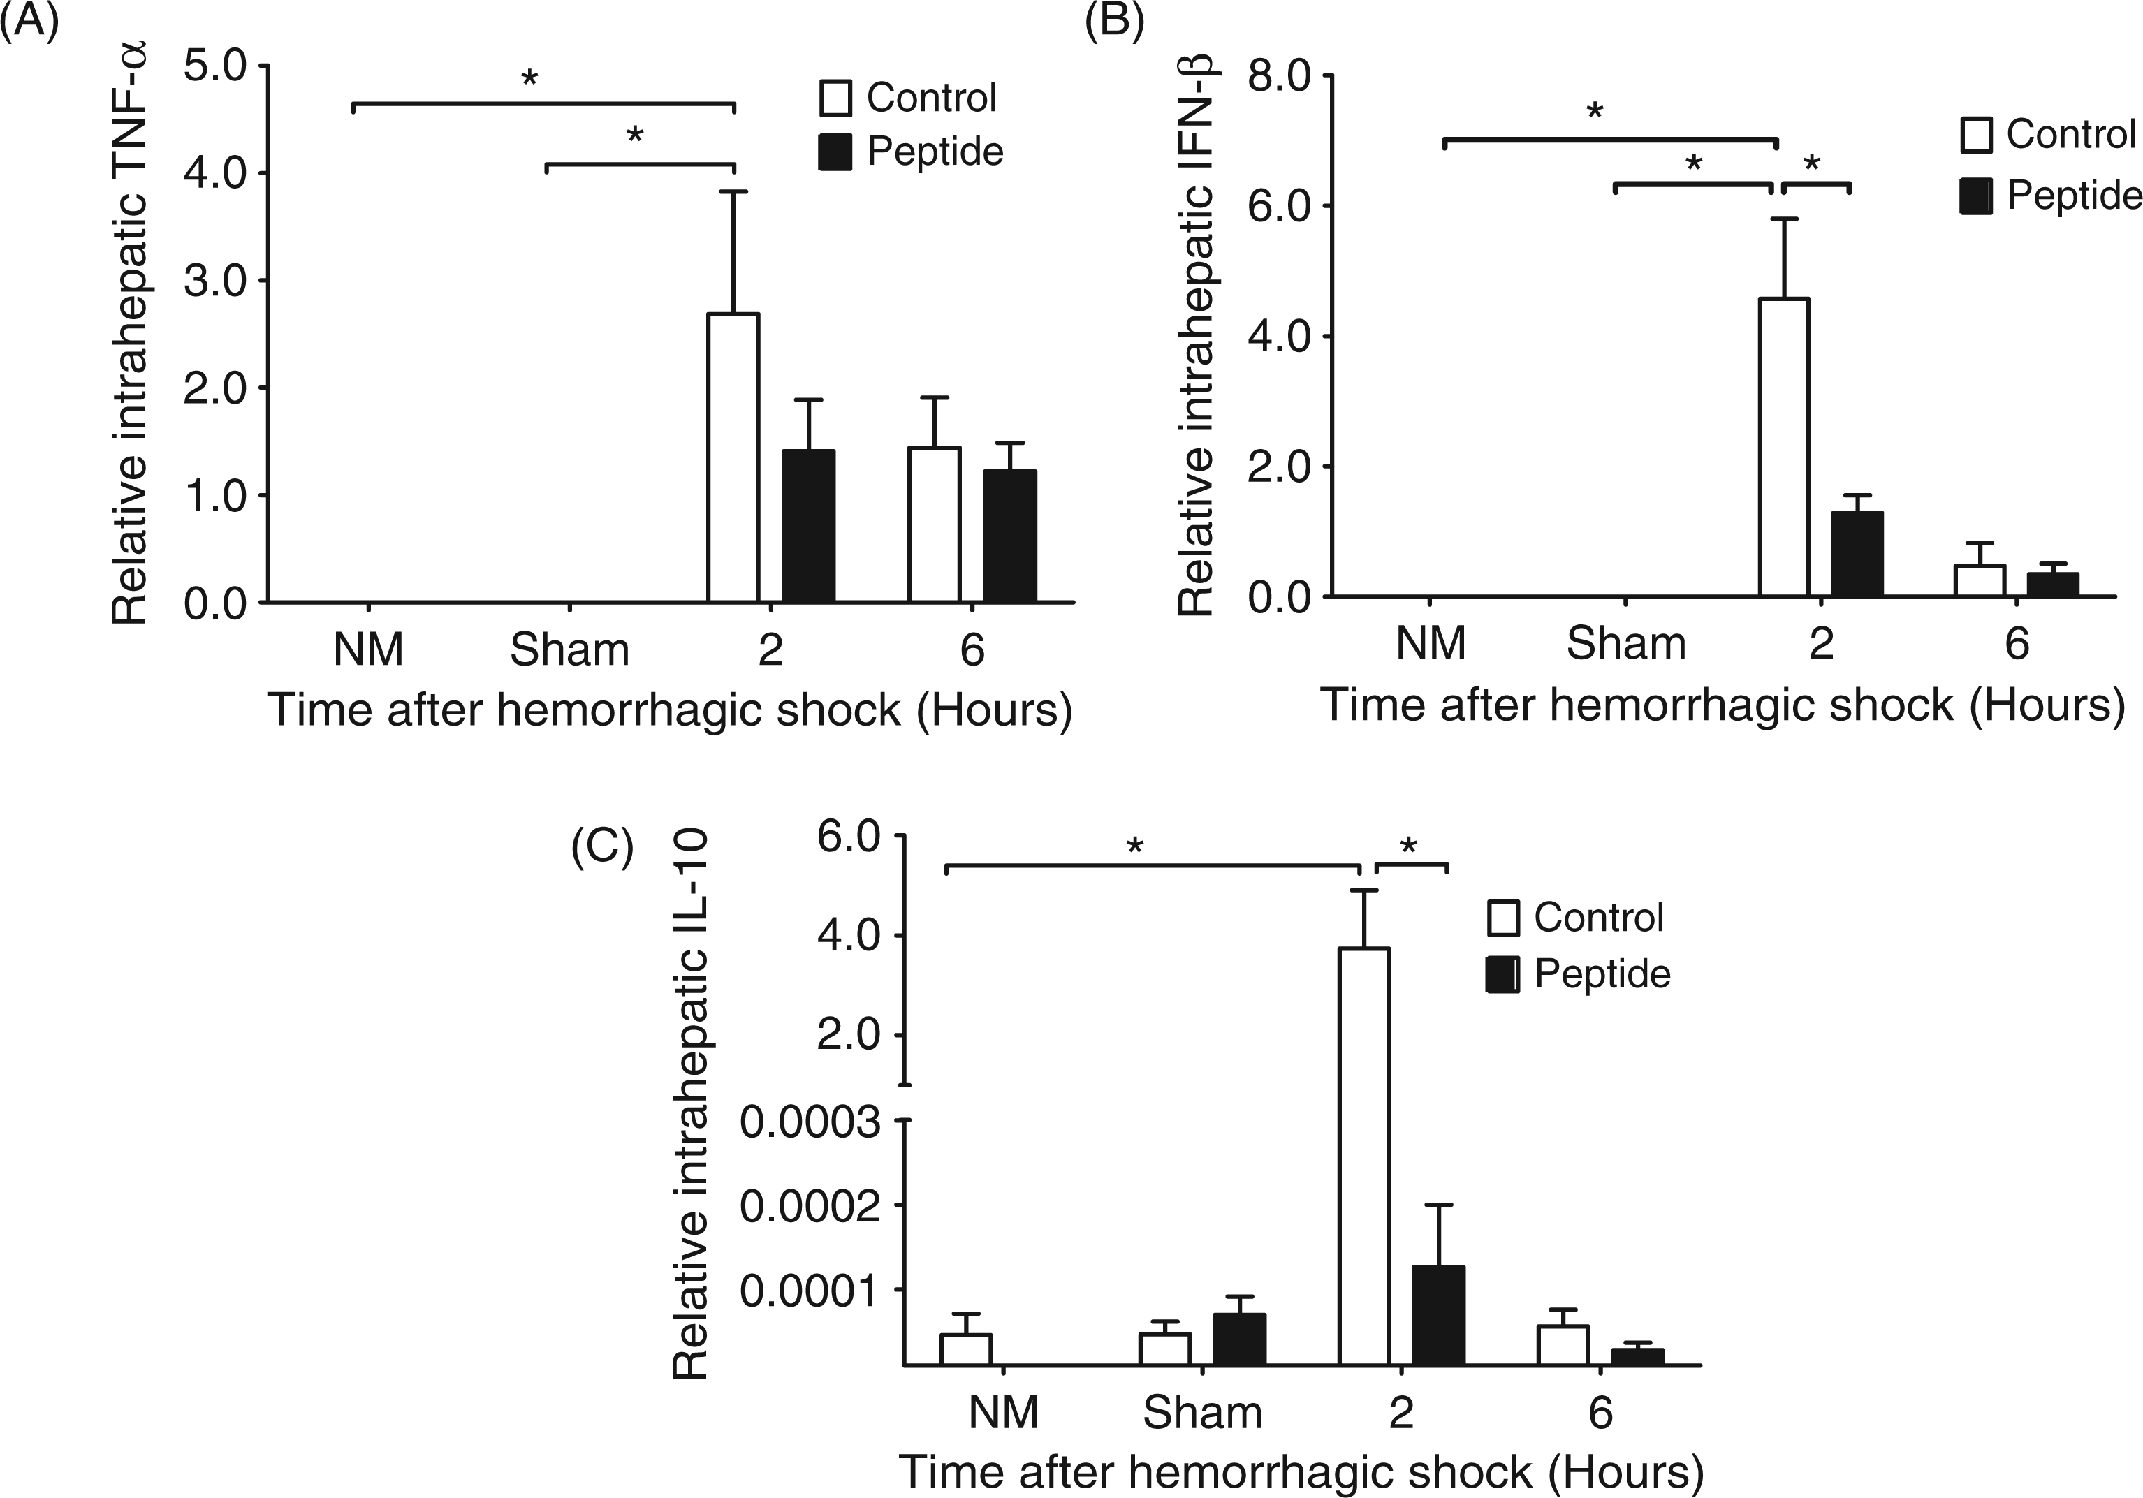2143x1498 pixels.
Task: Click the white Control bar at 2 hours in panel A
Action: [x=733, y=457]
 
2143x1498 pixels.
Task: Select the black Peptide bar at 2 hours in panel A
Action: [x=808, y=525]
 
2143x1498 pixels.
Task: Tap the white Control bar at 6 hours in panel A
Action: [x=935, y=524]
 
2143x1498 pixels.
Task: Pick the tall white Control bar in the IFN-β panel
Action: [x=1785, y=447]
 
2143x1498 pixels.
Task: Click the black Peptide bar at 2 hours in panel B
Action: [x=1857, y=554]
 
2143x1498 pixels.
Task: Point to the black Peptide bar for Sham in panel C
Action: [x=1240, y=1339]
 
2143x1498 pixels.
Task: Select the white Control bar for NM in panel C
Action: [x=966, y=1350]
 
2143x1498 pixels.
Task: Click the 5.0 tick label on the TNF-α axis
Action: [x=214, y=67]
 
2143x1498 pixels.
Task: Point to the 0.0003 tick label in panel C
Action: [x=810, y=1123]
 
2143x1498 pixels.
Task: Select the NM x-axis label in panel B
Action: [x=1431, y=644]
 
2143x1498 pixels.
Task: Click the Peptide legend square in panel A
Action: [x=835, y=152]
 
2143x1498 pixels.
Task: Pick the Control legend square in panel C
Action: [x=1502, y=918]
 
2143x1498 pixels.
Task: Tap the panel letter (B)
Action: [x=1114, y=20]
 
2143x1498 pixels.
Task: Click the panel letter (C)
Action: [x=602, y=847]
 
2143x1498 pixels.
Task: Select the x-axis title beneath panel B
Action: [x=1722, y=705]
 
